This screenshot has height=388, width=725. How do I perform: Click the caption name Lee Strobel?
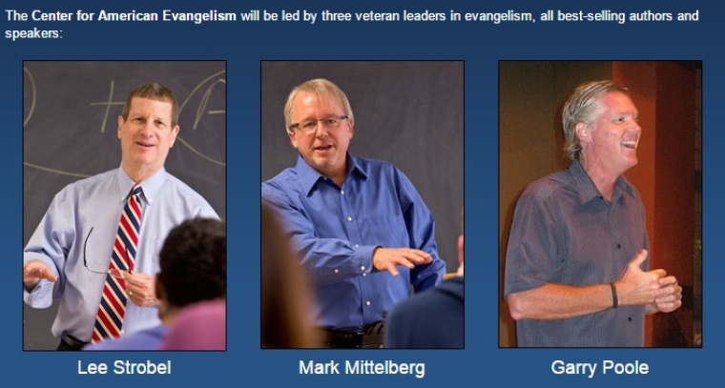tap(124, 368)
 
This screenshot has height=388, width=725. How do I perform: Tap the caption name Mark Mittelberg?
tap(362, 368)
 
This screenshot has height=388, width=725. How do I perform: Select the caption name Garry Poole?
tap(600, 368)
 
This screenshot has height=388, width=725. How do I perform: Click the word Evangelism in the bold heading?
tap(199, 15)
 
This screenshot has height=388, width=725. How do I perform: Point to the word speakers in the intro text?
tap(32, 33)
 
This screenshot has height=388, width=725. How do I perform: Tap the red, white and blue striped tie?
tap(117, 263)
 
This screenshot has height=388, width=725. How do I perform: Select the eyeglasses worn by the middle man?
tap(319, 124)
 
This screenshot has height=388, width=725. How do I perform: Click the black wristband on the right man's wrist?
tap(613, 296)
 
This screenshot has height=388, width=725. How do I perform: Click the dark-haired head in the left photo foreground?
tap(192, 259)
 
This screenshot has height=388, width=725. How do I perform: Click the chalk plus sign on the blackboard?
tap(107, 105)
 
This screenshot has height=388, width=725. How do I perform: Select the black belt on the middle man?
tap(354, 332)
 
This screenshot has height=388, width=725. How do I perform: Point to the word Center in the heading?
tap(50, 15)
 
